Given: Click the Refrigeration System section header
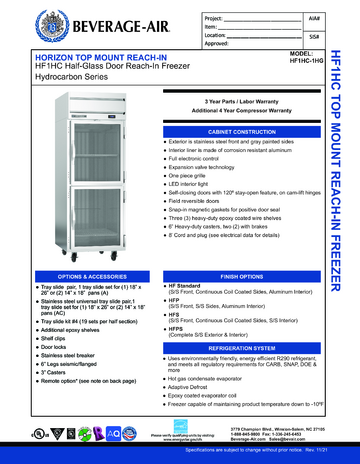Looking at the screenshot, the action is [244, 347].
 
